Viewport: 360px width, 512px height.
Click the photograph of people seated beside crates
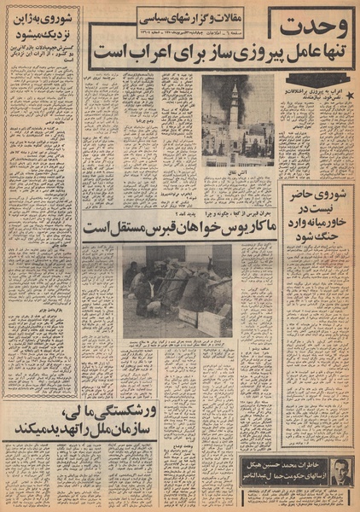172,288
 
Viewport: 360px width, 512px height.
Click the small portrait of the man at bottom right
342,470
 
